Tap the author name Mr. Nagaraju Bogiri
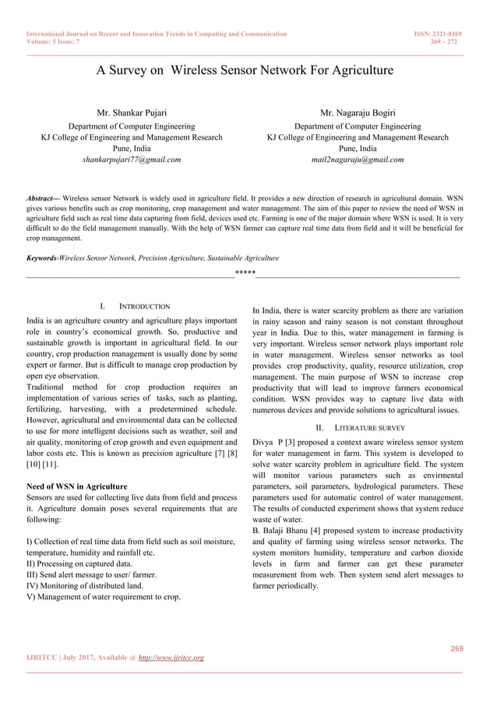coord(358,114)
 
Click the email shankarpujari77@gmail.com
coord(131,160)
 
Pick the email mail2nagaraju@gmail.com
coord(358,160)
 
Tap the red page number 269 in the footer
coord(458,648)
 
